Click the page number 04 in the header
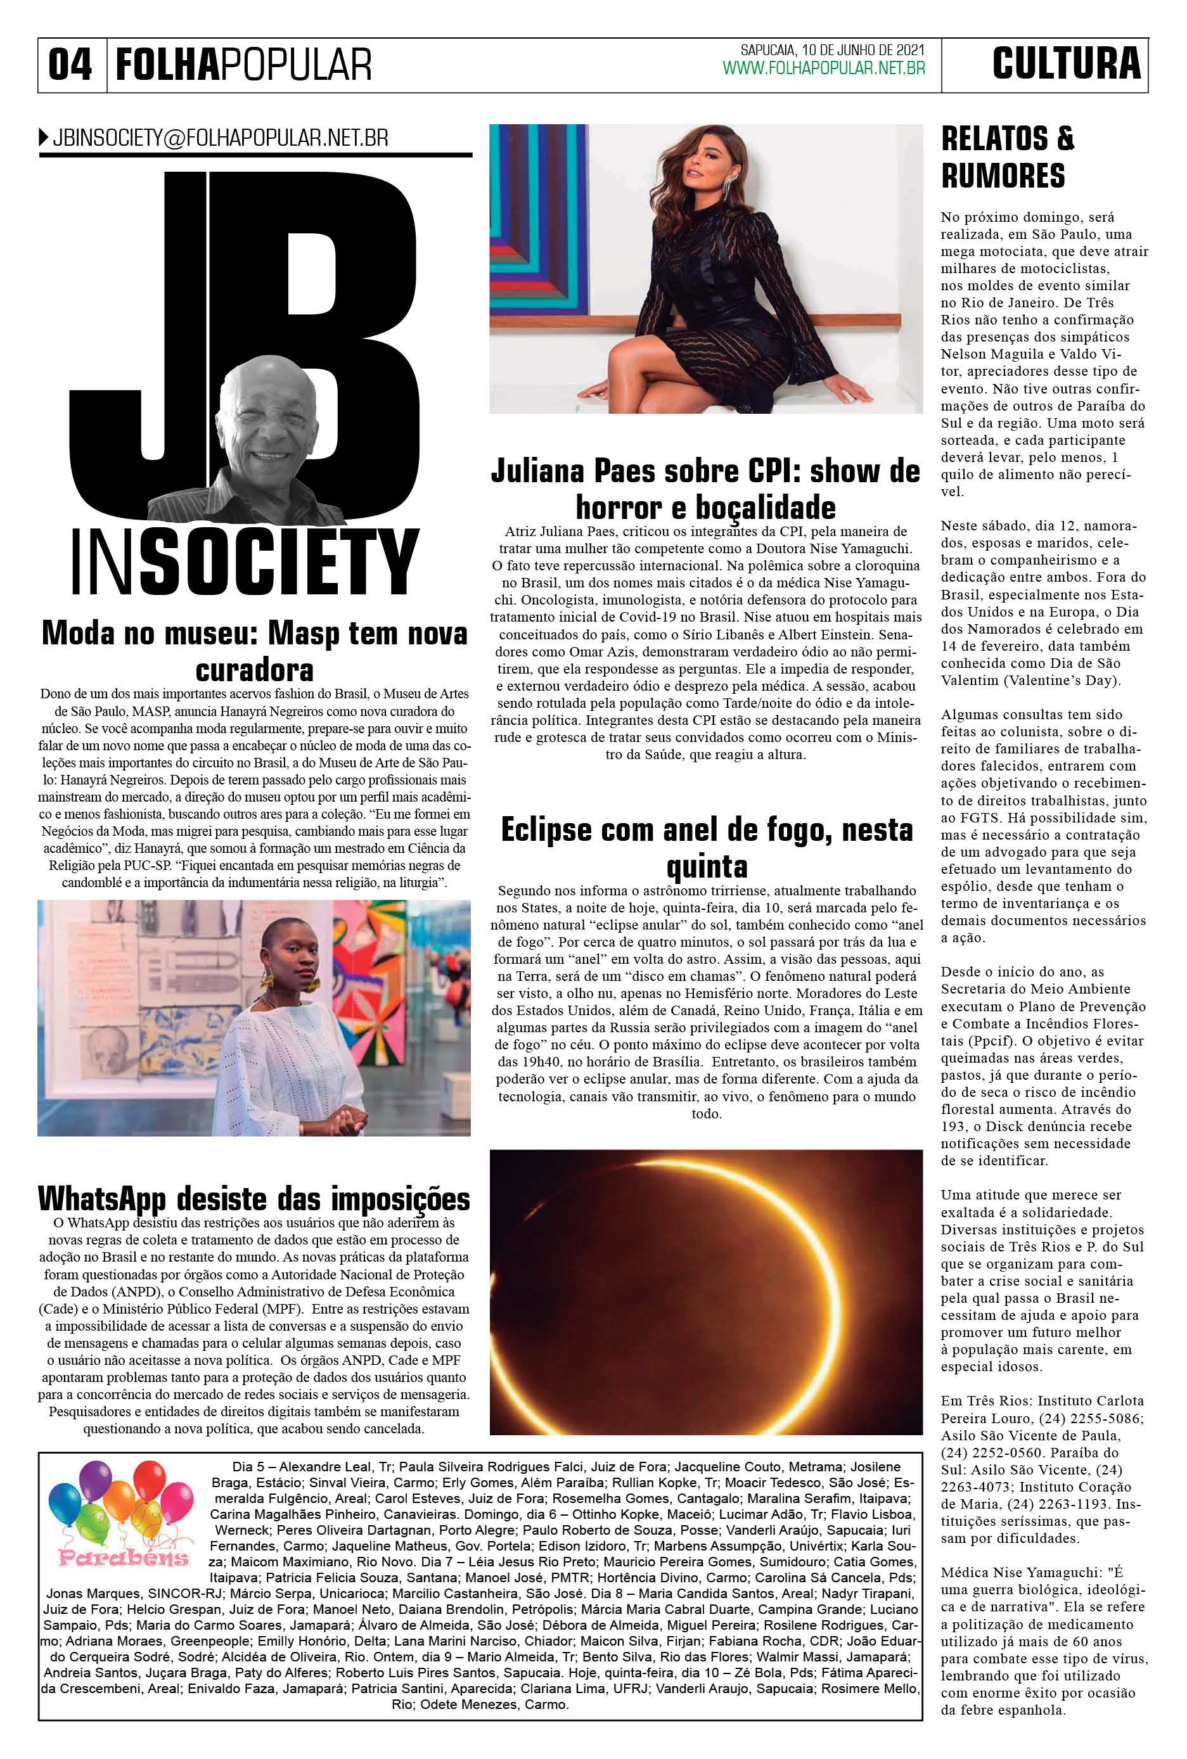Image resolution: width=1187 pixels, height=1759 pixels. coord(70,65)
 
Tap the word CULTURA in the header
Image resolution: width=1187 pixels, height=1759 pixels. coord(1066,63)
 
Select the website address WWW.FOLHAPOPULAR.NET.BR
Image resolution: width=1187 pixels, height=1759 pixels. coord(824,68)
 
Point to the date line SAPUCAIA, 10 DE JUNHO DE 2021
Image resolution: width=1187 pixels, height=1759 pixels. coord(832,51)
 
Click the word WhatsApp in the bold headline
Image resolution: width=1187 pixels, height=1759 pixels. coord(101,1199)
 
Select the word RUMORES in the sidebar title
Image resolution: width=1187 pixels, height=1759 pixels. coord(1003,176)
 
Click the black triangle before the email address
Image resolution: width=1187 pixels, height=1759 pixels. coord(43,138)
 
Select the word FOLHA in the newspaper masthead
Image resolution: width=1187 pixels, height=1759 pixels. coord(167,65)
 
